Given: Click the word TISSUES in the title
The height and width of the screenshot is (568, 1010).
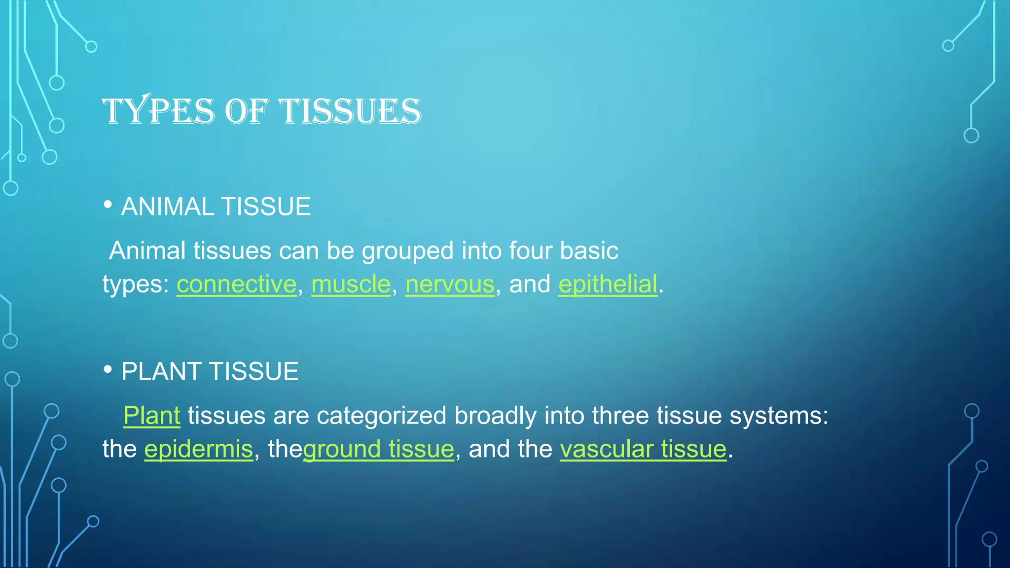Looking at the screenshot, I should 350,111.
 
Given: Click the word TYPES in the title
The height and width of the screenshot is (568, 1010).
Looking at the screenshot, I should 158,111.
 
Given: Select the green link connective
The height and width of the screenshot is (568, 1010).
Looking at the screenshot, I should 237,284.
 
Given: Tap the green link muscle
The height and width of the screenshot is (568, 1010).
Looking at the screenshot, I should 351,284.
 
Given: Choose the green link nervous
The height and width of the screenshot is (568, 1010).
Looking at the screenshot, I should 450,284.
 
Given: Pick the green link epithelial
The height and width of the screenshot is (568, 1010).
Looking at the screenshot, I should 608,284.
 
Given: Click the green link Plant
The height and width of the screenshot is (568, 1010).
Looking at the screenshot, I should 151,416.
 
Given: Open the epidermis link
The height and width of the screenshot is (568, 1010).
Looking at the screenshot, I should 198,449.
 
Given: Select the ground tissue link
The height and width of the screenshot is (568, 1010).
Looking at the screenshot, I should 379,449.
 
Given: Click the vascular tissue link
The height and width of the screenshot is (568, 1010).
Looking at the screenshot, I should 643,449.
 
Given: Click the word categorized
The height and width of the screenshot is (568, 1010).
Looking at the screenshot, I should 381,416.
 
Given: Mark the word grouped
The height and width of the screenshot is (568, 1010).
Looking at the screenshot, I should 407,251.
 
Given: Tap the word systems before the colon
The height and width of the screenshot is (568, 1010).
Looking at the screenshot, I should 776,416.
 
